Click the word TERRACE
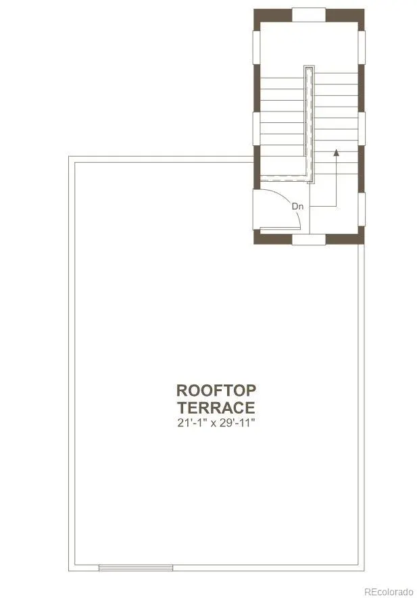click(216, 407)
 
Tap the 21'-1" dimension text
click(191, 422)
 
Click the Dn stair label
click(297, 206)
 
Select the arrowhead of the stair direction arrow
click(336, 153)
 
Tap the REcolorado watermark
click(389, 591)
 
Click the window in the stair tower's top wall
click(309, 15)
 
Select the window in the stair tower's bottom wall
click(309, 239)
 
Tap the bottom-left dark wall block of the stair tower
click(273, 236)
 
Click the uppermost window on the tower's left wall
click(256, 47)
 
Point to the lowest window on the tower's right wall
click(362, 209)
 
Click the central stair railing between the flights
click(310, 124)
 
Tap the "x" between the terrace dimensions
click(212, 423)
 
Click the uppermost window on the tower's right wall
click(362, 47)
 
